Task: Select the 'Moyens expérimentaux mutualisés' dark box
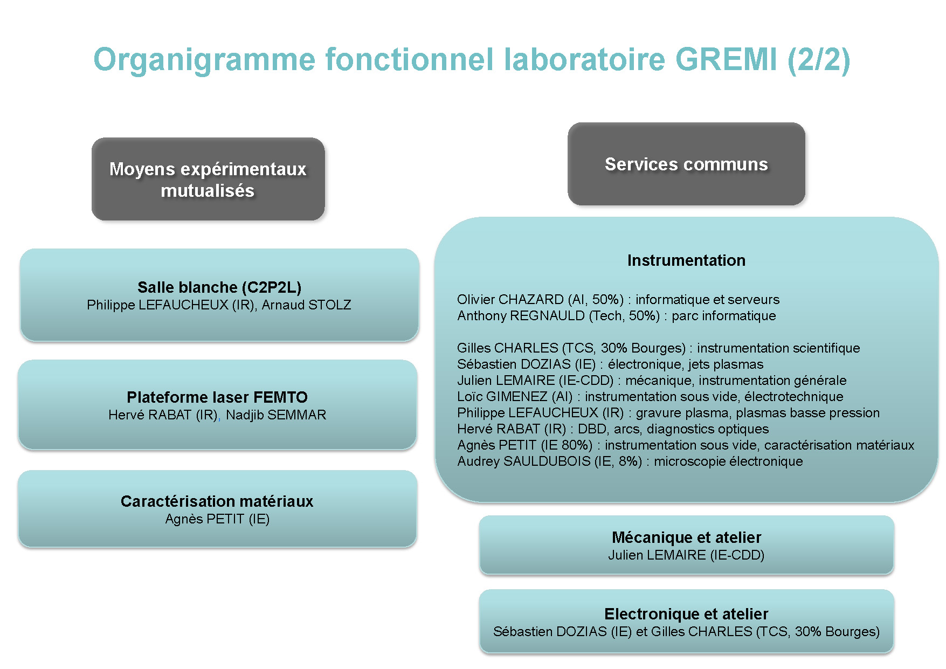coord(208,179)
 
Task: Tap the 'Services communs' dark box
coord(686,164)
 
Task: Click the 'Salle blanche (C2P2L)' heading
coord(219,287)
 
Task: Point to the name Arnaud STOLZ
coord(306,305)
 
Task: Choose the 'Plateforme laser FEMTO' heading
coord(217,397)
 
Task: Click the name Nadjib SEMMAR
coord(276,415)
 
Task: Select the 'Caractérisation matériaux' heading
coord(217,501)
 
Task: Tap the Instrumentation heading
coord(686,260)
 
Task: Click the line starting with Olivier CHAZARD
coord(618,300)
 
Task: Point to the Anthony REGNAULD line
coord(617,316)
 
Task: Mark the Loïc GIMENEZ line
coord(650,397)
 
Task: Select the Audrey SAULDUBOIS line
coord(630,461)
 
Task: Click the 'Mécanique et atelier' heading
coord(686,537)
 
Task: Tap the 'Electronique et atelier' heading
coord(686,614)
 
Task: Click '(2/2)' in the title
coord(819,59)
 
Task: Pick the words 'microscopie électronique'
coord(728,461)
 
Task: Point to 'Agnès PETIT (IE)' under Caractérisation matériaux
coord(217,519)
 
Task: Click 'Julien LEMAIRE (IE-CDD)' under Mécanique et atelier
coord(686,555)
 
